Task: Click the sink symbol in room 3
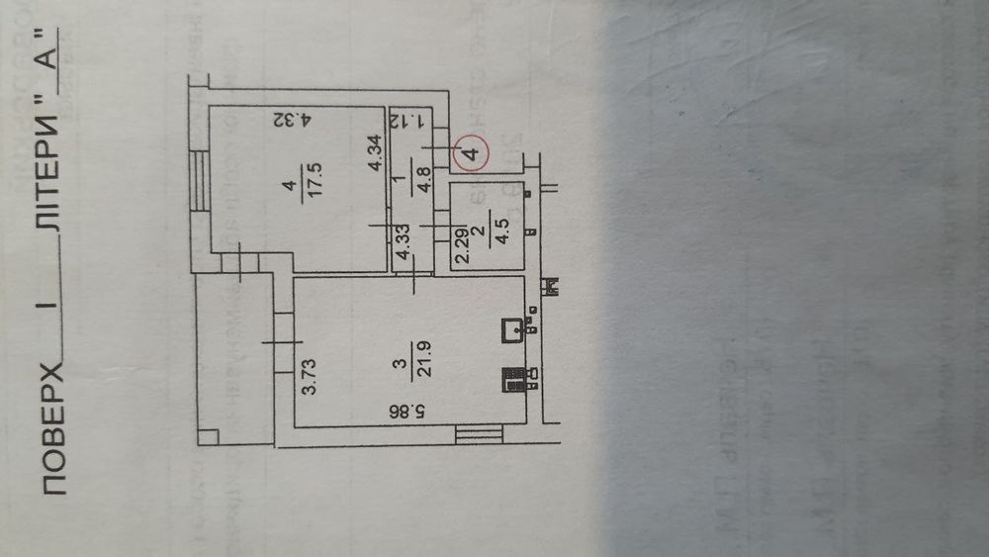(x=513, y=330)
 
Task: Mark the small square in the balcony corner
(x=207, y=436)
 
